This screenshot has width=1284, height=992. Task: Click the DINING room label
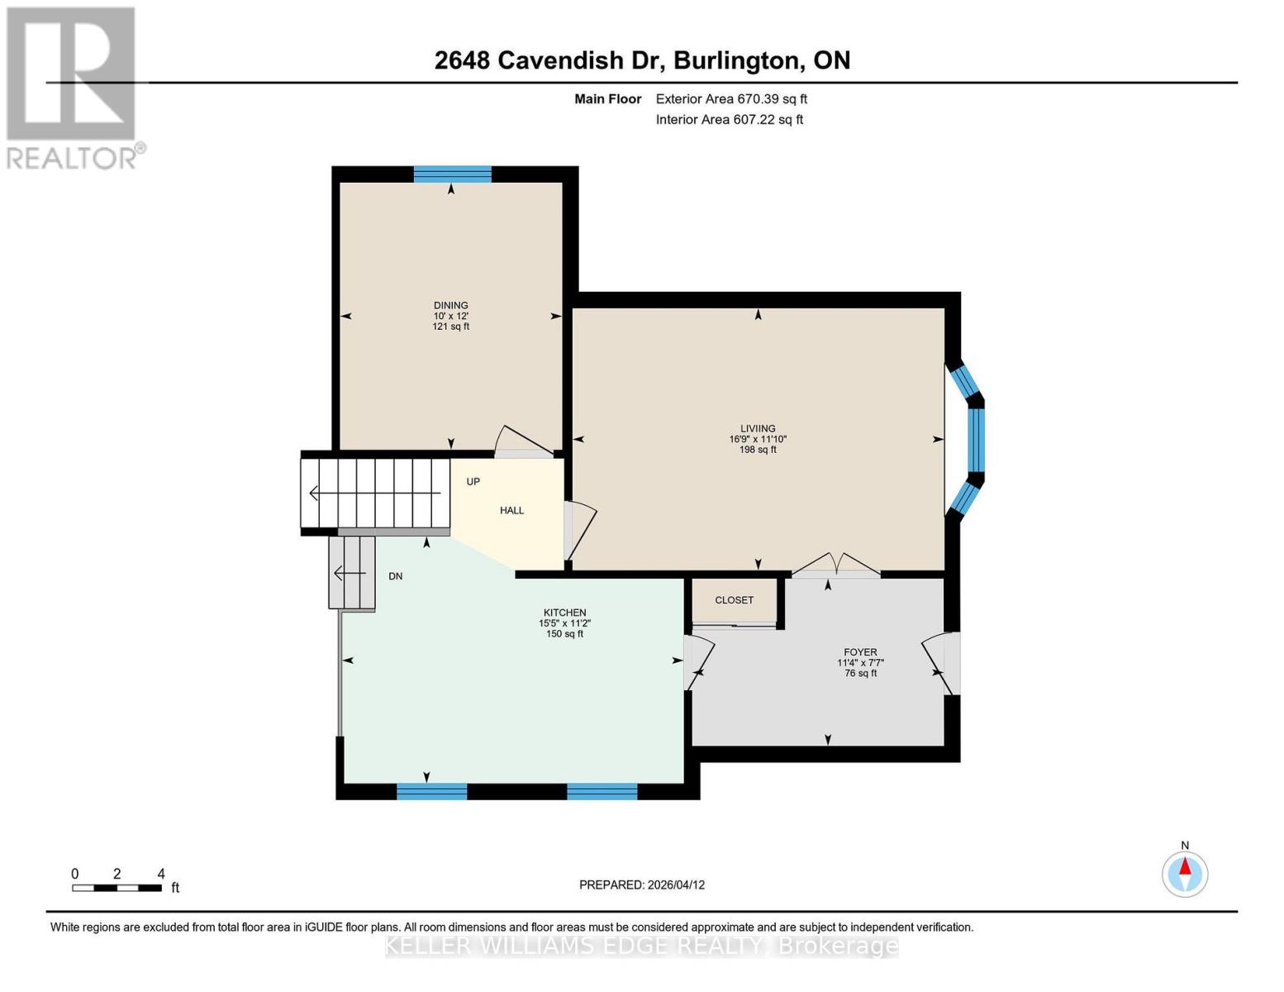pyautogui.click(x=450, y=305)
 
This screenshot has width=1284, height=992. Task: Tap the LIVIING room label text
pyautogui.click(x=758, y=428)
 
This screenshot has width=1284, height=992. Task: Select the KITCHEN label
pyautogui.click(x=564, y=613)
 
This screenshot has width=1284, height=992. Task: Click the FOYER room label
pyautogui.click(x=860, y=651)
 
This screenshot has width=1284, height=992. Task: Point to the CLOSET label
pyautogui.click(x=734, y=600)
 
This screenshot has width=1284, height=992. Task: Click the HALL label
pyautogui.click(x=511, y=510)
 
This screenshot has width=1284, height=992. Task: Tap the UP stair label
pyautogui.click(x=473, y=481)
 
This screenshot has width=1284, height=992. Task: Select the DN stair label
pyautogui.click(x=395, y=576)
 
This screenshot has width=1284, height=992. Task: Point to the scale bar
pyautogui.click(x=117, y=888)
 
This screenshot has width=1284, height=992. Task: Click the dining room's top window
pyautogui.click(x=452, y=174)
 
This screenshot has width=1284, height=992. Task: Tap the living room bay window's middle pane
pyautogui.click(x=976, y=439)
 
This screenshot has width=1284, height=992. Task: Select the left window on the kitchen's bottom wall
pyautogui.click(x=431, y=791)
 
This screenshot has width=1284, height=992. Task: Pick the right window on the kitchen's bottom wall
pyautogui.click(x=602, y=791)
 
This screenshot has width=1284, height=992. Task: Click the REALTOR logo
pyautogui.click(x=72, y=87)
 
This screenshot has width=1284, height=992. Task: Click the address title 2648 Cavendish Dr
pyautogui.click(x=642, y=60)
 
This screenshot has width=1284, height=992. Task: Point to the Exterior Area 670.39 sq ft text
pyautogui.click(x=730, y=99)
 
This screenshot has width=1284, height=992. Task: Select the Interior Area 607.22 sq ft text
pyautogui.click(x=729, y=120)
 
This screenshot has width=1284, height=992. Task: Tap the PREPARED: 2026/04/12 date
pyautogui.click(x=641, y=885)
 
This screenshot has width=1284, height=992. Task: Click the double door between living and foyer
pyautogui.click(x=836, y=566)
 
